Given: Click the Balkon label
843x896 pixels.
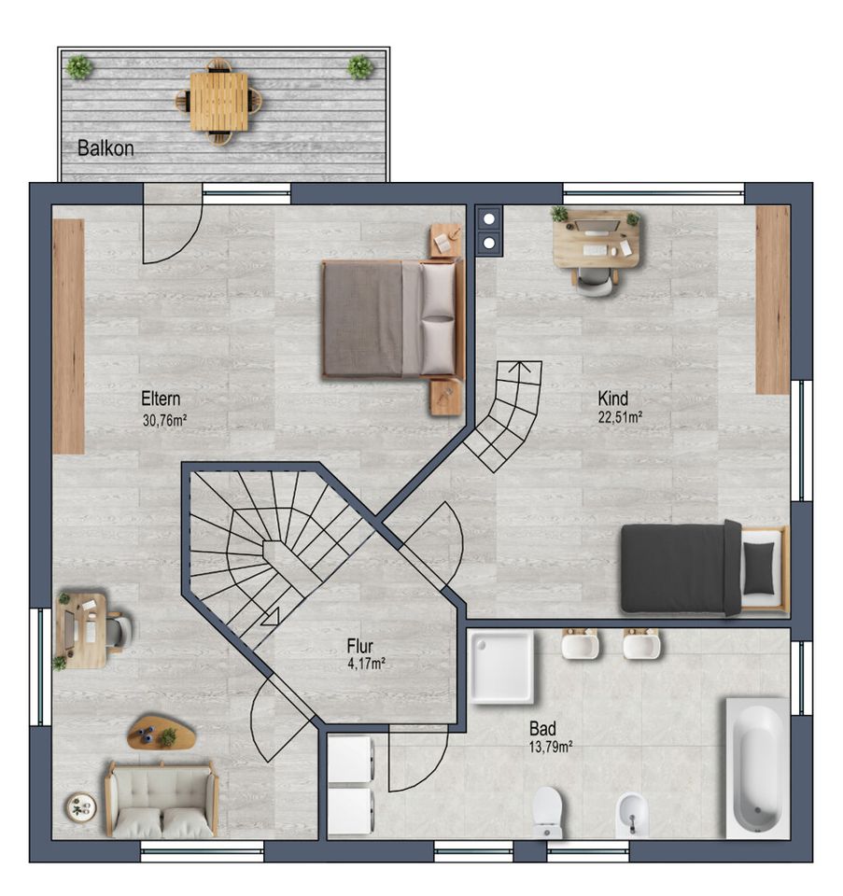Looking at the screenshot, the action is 105,148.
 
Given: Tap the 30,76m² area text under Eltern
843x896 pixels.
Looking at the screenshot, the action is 164,421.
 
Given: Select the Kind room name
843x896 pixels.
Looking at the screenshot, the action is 612,399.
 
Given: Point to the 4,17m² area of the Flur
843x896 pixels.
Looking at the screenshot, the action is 366,664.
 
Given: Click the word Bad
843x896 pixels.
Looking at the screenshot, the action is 542,729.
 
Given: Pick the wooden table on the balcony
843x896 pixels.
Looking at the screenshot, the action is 218,102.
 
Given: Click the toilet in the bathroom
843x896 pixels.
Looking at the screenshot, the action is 547,811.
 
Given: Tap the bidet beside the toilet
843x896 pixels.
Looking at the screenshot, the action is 631,814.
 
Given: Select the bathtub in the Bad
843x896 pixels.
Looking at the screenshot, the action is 757,767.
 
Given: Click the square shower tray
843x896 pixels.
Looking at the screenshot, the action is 501,666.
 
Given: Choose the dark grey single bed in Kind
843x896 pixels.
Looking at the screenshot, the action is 705,568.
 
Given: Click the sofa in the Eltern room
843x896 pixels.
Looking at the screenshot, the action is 162,798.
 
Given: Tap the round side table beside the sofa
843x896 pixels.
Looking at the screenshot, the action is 80,807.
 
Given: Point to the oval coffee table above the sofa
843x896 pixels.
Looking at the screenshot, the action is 162,732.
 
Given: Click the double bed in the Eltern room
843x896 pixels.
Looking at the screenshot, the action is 393,318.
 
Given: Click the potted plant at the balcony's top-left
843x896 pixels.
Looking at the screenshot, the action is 78,67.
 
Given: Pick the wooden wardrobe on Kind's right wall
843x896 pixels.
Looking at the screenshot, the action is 773,300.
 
